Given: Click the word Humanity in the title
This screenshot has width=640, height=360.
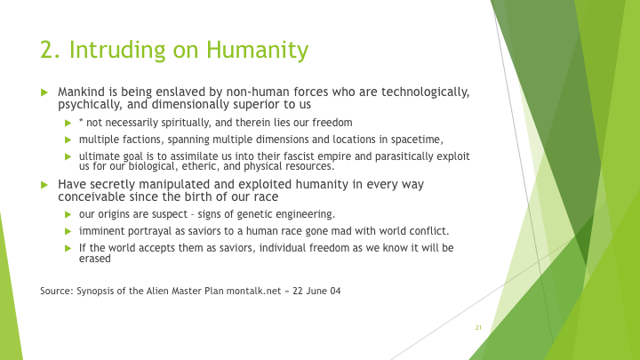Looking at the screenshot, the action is (257, 50).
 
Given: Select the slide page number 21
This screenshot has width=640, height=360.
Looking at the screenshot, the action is (478, 327).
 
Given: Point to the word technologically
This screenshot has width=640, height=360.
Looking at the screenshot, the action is (425, 92).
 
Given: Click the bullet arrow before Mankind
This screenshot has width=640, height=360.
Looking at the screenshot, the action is (44, 92).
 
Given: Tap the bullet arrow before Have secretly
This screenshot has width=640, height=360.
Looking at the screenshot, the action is (44, 185).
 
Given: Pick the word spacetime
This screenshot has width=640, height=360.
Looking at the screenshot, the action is (417, 140).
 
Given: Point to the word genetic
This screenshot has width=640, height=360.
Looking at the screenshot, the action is (255, 215).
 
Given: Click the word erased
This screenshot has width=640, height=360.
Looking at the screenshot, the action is (95, 259).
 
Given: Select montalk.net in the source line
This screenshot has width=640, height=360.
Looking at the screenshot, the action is (253, 291).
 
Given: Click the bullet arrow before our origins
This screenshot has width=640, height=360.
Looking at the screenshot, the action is (68, 215).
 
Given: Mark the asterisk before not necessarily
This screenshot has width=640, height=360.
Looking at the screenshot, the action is (81, 121).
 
